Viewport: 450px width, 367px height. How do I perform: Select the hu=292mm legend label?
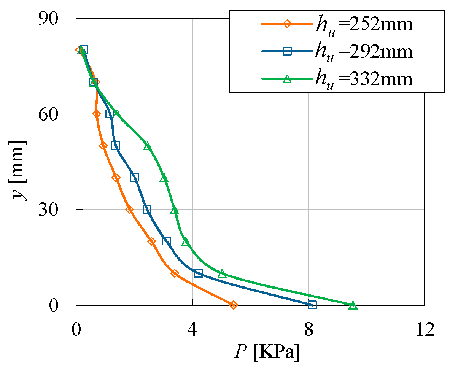363,51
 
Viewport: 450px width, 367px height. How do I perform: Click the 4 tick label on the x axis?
192,329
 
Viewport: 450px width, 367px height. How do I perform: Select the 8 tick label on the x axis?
308,329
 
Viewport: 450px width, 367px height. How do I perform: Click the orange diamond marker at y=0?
234,305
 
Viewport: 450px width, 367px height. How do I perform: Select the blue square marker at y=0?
312,305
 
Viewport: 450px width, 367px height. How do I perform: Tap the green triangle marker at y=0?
353,305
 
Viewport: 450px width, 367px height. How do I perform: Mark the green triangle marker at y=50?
147,146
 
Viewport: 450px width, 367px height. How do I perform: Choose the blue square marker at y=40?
134,178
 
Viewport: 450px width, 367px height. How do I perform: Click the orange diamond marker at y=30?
129,210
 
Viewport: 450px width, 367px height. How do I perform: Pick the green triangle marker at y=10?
222,273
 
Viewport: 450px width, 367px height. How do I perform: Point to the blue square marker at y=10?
198,273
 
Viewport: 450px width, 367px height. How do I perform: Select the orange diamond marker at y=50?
103,146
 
